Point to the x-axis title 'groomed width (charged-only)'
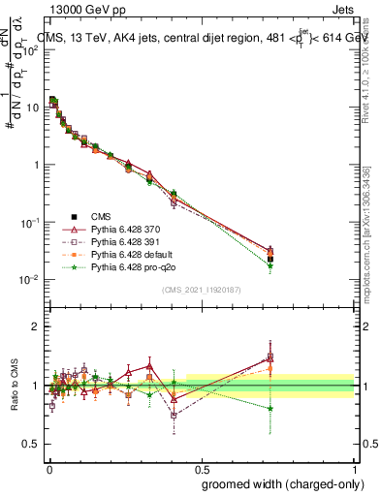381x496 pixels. (x=277, y=482)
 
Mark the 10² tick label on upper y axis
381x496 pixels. (x=32, y=50)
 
